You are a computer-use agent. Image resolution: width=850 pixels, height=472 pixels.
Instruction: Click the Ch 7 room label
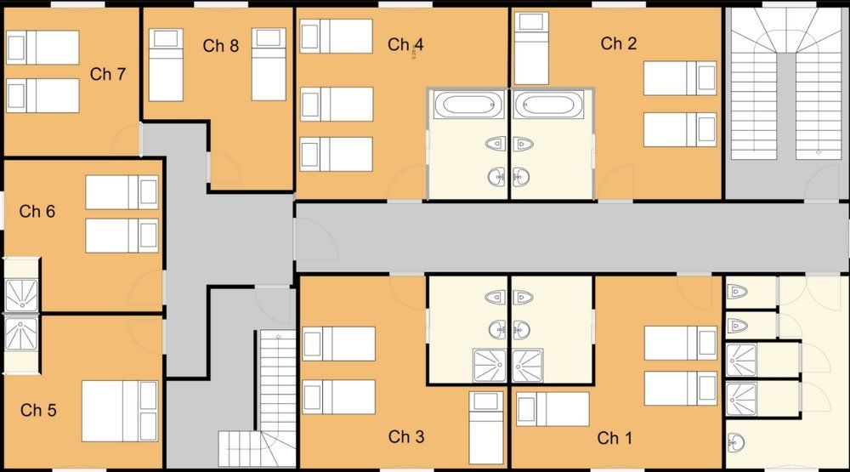coord(108,75)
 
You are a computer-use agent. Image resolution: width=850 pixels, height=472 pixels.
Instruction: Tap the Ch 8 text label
coord(221,46)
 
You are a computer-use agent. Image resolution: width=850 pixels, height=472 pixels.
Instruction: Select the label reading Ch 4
coord(405,45)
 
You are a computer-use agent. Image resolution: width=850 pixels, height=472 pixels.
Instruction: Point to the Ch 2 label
coord(619,43)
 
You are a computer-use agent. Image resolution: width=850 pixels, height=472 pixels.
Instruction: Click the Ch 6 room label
coord(37,211)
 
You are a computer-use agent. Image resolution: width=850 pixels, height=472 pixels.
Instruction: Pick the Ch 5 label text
coord(38,411)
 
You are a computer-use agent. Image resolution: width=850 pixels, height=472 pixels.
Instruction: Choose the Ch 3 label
coord(406,437)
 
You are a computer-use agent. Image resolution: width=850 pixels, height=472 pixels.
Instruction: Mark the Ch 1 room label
coord(615,439)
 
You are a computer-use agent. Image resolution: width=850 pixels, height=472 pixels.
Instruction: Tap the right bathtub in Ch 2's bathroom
coord(548,105)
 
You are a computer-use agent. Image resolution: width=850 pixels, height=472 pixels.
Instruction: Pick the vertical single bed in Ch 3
coord(486,427)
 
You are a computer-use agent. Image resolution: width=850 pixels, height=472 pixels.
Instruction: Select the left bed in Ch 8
coord(165,64)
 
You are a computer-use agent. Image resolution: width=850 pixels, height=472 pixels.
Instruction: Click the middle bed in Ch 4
coord(337,104)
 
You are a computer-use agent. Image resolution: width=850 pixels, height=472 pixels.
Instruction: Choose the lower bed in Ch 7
coord(42,95)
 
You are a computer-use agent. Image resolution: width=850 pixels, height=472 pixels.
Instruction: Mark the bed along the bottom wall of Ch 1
coord(552,409)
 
